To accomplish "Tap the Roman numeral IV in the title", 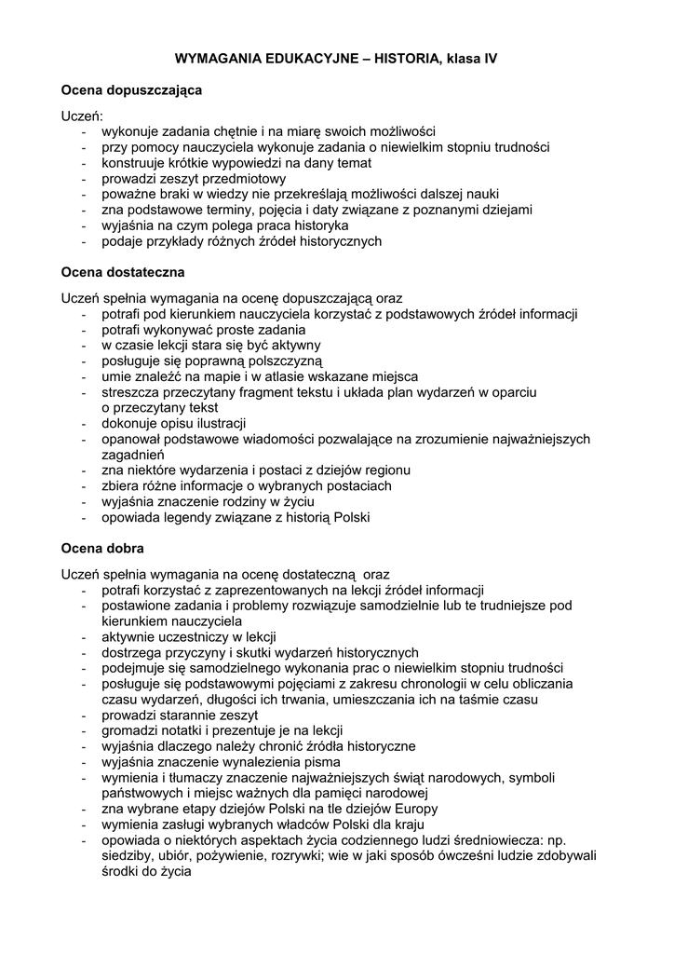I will click(490, 58).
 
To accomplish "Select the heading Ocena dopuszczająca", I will click(130, 90).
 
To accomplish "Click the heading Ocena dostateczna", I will click(123, 273).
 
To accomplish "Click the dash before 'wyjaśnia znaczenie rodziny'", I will click(85, 502).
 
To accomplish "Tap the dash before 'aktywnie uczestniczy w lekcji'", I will click(85, 636).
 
